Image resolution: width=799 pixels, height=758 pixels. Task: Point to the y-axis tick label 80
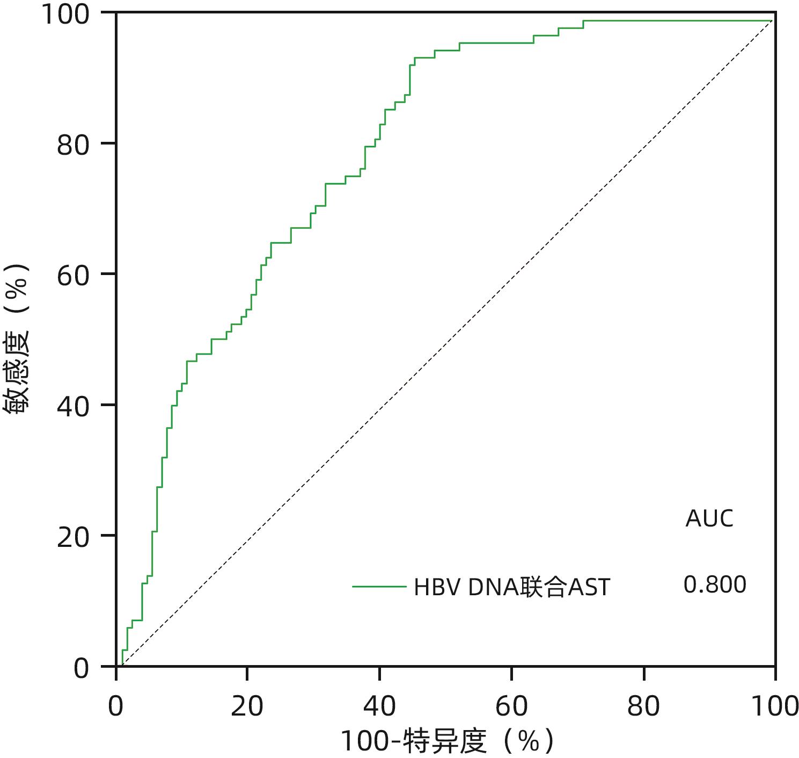[73, 145]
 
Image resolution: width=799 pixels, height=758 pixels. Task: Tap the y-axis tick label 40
[73, 406]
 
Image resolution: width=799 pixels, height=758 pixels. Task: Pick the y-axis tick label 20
[73, 537]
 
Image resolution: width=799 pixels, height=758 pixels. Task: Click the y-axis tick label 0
[82, 668]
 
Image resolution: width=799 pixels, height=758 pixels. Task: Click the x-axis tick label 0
[116, 706]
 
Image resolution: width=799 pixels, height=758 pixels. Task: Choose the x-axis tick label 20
[247, 706]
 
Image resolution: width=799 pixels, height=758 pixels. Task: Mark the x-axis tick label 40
[379, 706]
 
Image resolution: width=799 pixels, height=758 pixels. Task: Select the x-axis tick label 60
[511, 706]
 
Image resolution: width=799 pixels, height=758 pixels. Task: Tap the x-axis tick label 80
[643, 706]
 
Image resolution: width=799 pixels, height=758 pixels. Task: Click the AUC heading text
[709, 519]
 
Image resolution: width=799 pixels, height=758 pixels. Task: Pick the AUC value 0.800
[715, 584]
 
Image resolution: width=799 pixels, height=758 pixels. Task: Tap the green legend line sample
[379, 587]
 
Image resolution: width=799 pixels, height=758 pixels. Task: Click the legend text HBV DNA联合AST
[512, 587]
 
